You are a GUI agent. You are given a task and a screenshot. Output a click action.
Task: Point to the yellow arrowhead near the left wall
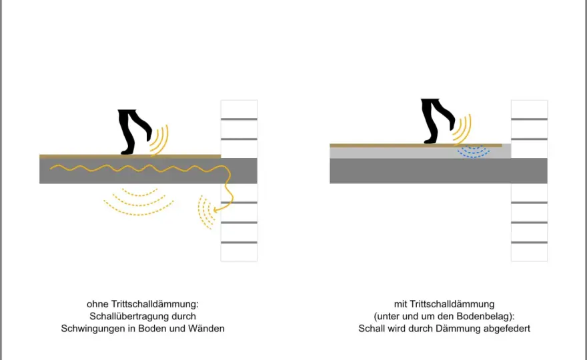click(x=216, y=210)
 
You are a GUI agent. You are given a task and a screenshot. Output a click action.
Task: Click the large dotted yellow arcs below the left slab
click(x=139, y=203)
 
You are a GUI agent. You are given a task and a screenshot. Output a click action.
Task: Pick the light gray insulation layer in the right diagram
click(x=420, y=152)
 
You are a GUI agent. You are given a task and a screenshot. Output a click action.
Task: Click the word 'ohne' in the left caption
click(x=97, y=304)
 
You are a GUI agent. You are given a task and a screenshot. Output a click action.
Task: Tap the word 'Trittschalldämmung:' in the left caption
click(x=155, y=304)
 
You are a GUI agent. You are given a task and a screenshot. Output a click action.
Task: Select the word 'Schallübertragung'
click(x=129, y=316)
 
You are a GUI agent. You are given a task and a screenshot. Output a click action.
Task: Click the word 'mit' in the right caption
click(x=400, y=304)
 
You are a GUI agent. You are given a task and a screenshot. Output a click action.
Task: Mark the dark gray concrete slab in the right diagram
click(x=438, y=171)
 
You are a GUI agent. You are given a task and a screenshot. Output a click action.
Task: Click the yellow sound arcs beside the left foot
click(x=160, y=139)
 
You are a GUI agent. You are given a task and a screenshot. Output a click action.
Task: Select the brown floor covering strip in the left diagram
click(x=130, y=156)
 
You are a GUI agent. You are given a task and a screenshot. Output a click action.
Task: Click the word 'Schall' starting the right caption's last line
click(x=371, y=329)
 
